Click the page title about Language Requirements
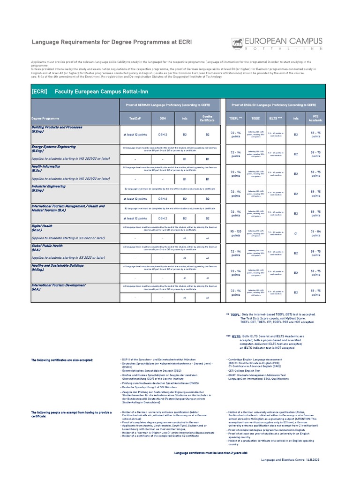tap(112, 42)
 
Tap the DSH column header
tap(163, 119)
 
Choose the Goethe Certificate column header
tap(207, 119)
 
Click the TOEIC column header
tap(255, 119)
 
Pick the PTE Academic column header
tap(316, 119)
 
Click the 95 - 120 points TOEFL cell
tap(236, 233)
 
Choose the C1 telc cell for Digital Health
tap(296, 233)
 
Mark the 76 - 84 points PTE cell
tap(316, 233)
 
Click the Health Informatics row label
tap(46, 166)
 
